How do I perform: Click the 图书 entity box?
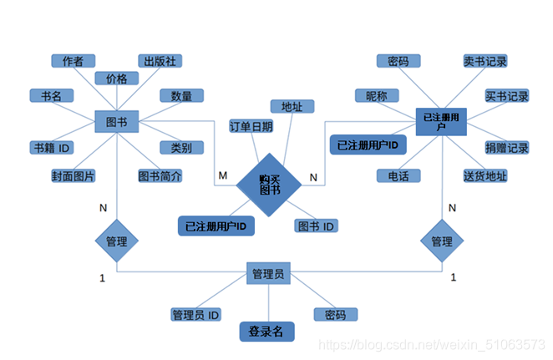click(116, 121)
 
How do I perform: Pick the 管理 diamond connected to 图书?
click(116, 241)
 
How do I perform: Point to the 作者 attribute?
click(74, 61)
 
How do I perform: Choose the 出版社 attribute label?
click(160, 61)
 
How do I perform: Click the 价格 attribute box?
click(116, 79)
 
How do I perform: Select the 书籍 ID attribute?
click(51, 148)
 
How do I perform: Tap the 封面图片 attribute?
click(74, 176)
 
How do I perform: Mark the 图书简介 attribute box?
click(160, 176)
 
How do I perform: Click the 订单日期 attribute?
click(251, 126)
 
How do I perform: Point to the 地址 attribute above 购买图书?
click(292, 107)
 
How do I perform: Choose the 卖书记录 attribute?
click(485, 61)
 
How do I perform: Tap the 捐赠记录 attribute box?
click(507, 148)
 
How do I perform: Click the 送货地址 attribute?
click(485, 176)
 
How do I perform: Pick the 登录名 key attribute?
click(266, 332)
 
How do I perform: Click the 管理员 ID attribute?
click(195, 315)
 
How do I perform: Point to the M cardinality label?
click(222, 175)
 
